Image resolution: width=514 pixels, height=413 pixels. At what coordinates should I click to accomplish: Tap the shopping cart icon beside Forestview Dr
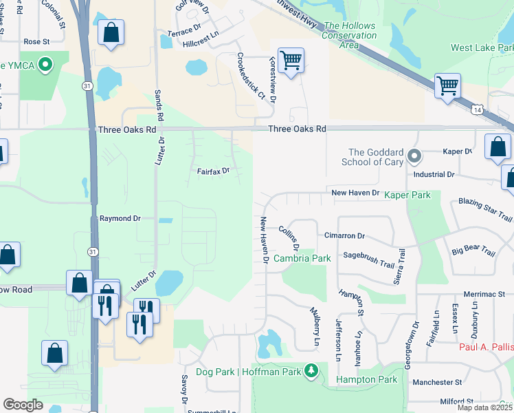[291, 61]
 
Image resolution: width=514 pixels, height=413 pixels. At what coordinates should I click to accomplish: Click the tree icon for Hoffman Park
[311, 372]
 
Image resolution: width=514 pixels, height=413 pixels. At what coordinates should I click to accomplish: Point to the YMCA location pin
[46, 65]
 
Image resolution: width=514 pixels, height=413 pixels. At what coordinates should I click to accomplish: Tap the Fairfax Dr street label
[213, 170]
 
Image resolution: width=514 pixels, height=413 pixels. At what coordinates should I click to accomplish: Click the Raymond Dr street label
[120, 218]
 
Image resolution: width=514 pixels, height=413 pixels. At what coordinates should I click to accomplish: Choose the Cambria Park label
[302, 258]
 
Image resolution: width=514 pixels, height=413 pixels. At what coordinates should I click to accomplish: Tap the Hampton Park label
[367, 379]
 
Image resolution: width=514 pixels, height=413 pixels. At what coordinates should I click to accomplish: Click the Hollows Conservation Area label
[350, 35]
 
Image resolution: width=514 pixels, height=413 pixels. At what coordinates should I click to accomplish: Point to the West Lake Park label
[482, 47]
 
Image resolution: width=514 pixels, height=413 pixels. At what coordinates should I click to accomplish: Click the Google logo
[23, 405]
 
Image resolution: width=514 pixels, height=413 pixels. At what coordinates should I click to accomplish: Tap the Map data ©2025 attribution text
[484, 407]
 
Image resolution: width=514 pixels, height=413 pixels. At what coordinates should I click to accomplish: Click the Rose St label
[37, 41]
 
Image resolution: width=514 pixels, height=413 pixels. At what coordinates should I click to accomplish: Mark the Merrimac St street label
[489, 294]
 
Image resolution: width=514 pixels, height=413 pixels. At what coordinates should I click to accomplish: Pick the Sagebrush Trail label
[369, 260]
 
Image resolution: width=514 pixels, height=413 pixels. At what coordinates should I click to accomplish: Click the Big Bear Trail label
[473, 249]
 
